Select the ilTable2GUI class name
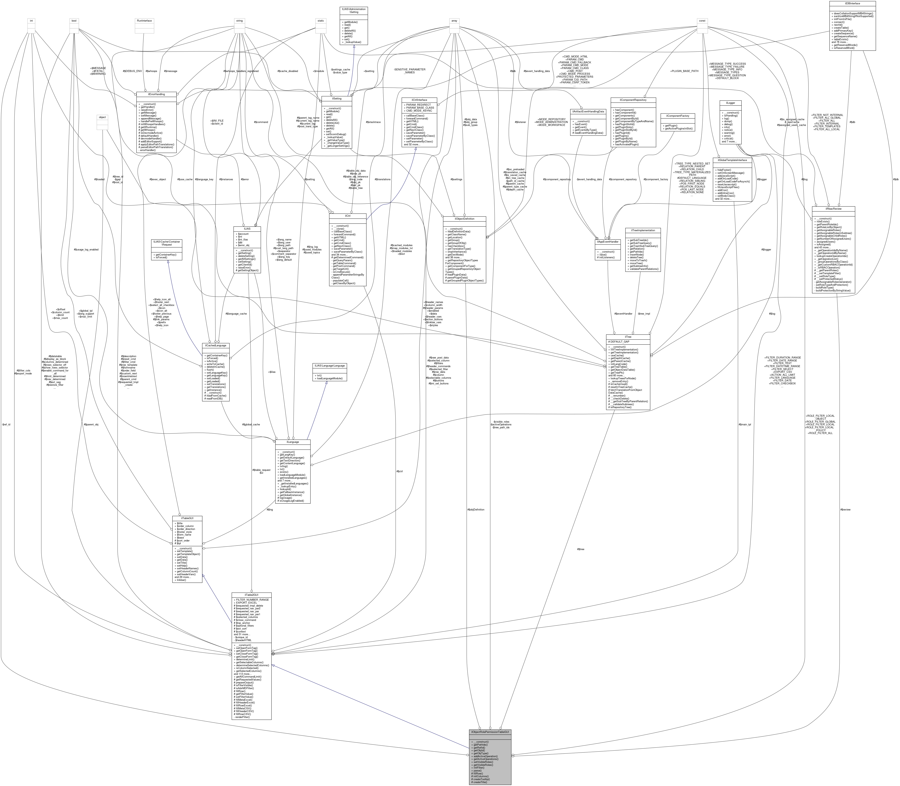(251, 595)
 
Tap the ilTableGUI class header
(188, 518)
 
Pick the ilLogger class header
(730, 103)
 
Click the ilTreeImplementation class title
(643, 230)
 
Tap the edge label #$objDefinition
(476, 509)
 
